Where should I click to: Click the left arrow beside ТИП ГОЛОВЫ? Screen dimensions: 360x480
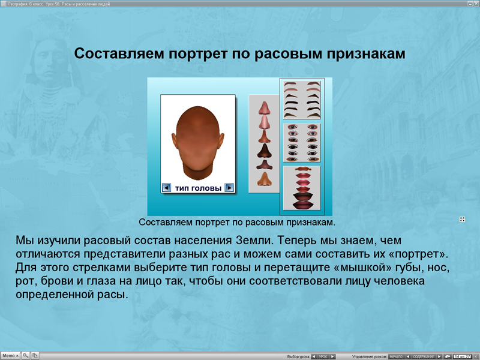(x=167, y=188)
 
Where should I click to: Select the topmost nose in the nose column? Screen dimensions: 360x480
(x=264, y=108)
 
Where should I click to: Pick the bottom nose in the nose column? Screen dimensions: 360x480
(x=264, y=178)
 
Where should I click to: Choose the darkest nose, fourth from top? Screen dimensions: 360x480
(x=264, y=150)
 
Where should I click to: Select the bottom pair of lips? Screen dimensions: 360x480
(x=302, y=204)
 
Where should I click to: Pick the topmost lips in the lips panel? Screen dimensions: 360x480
(x=302, y=170)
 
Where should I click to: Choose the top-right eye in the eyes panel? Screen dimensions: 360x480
(x=312, y=127)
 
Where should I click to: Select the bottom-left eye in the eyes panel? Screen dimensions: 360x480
(x=292, y=159)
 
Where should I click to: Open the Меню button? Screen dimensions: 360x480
(x=10, y=356)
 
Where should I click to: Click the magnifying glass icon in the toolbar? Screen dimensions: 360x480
(x=26, y=356)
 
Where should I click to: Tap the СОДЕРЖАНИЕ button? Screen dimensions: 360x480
(x=424, y=356)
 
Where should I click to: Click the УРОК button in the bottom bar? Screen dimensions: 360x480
(x=323, y=356)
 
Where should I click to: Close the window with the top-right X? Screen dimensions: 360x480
(x=475, y=4)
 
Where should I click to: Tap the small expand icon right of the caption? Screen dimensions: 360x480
(x=462, y=220)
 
